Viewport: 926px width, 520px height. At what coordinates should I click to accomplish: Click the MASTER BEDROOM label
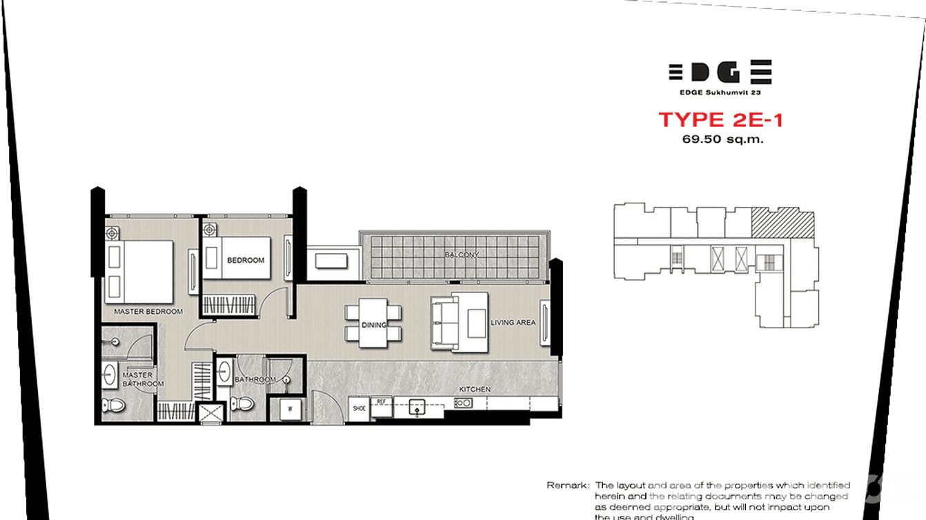coord(148,312)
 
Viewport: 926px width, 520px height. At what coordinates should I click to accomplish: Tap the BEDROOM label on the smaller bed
coord(246,260)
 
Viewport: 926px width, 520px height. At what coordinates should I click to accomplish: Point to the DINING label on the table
coord(373,325)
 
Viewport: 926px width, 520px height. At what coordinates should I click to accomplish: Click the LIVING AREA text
coord(513,322)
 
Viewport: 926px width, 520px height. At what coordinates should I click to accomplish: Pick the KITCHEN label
coord(475,390)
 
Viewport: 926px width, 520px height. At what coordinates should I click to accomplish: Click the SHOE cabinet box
coord(359,408)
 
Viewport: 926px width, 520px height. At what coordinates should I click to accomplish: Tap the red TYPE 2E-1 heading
coord(720,119)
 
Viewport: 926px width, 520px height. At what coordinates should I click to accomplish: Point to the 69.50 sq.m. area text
coord(720,139)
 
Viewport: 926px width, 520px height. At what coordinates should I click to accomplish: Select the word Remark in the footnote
coord(567,486)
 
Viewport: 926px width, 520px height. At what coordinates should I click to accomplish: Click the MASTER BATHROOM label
coord(143,379)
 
